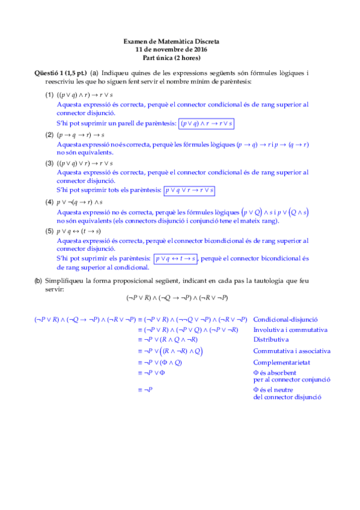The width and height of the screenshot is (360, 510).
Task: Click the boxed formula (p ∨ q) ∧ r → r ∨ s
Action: click(207, 123)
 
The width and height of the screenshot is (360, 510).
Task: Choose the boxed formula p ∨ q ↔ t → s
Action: click(175, 259)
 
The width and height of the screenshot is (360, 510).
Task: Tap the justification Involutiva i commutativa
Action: click(290, 330)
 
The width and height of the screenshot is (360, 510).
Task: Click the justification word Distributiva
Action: click(270, 339)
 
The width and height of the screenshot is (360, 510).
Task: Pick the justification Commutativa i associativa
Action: click(291, 351)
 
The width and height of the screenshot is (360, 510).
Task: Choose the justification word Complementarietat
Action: click(281, 362)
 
